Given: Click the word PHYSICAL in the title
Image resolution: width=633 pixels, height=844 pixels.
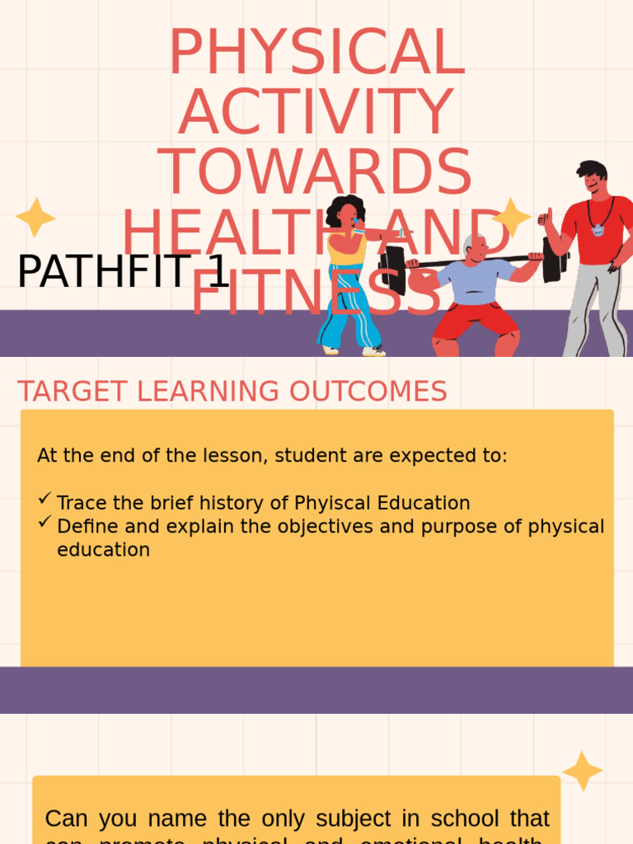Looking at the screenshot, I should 316,53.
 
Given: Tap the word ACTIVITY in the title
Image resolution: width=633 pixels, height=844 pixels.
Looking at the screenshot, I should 316,112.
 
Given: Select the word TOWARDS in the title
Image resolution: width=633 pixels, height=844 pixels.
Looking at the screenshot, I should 315,172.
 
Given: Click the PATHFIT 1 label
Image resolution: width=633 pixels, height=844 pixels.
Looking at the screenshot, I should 123,272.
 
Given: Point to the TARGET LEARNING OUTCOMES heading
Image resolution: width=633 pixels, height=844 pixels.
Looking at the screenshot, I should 232,392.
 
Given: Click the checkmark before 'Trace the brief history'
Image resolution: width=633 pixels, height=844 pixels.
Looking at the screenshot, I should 45,499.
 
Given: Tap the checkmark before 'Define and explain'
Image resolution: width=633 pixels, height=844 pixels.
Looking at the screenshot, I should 45,522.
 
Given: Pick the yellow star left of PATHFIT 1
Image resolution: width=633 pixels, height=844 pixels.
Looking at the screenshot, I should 35,218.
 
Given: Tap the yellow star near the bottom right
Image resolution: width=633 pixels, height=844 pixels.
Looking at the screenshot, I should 582,771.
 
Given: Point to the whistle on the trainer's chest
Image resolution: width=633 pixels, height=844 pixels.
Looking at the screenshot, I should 598,230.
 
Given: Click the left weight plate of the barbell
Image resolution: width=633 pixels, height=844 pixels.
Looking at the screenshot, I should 394,270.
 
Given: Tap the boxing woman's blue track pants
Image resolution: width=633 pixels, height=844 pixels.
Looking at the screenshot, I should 350,309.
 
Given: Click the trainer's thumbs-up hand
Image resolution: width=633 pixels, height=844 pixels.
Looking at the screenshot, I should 545,218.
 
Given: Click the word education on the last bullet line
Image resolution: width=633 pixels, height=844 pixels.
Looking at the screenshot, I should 103,550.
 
